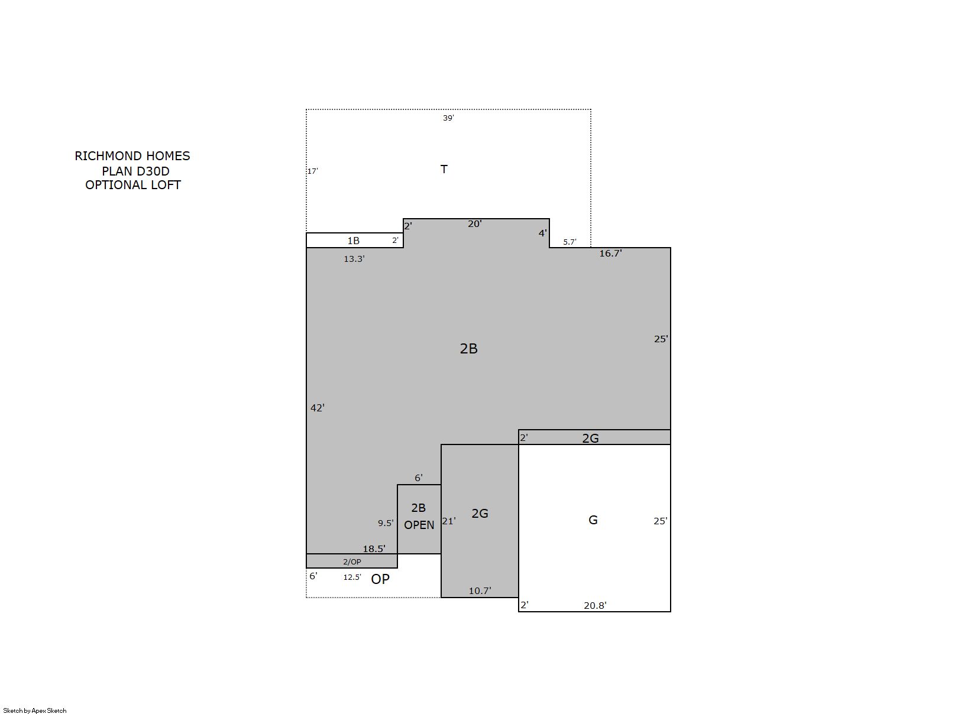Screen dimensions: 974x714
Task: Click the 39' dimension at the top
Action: click(x=448, y=118)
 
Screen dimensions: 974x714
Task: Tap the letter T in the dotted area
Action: click(x=444, y=169)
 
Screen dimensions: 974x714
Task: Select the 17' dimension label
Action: click(x=313, y=171)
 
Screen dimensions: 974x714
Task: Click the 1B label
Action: click(x=353, y=241)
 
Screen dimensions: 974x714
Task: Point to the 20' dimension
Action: click(x=474, y=224)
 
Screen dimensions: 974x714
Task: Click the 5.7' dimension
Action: click(x=569, y=242)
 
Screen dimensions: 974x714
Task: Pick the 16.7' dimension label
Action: click(x=610, y=254)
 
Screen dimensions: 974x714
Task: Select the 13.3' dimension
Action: click(x=354, y=259)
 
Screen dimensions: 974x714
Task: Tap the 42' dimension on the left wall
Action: click(x=318, y=408)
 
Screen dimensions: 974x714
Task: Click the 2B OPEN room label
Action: click(x=419, y=516)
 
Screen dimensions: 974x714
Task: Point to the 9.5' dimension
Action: click(x=386, y=523)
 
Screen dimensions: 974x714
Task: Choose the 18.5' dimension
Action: click(x=374, y=549)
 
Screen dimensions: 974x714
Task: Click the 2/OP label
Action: click(x=352, y=562)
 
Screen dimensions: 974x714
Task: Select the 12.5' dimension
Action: click(x=352, y=577)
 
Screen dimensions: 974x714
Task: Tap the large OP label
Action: click(x=380, y=579)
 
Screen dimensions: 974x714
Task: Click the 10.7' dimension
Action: click(x=480, y=590)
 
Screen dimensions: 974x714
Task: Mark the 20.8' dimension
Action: click(x=595, y=605)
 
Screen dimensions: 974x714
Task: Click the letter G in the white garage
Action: click(x=593, y=520)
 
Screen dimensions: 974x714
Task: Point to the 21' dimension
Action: click(x=449, y=521)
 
